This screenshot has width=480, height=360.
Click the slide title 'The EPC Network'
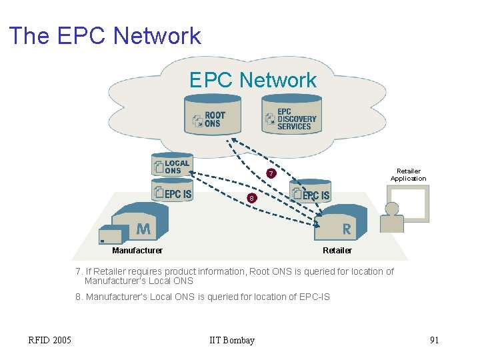pyautogui.click(x=105, y=35)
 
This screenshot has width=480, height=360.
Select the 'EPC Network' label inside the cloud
pyautogui.click(x=253, y=80)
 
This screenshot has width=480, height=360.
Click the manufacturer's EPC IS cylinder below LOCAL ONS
pyautogui.click(x=172, y=193)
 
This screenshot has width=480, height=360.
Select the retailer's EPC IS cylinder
pyautogui.click(x=310, y=194)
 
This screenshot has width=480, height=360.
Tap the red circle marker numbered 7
pyautogui.click(x=271, y=175)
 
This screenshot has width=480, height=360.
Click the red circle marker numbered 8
pyautogui.click(x=251, y=199)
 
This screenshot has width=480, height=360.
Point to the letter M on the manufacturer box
pyautogui.click(x=143, y=229)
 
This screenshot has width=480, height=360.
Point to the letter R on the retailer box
pyautogui.click(x=346, y=229)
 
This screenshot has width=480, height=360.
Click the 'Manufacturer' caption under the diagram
pyautogui.click(x=137, y=251)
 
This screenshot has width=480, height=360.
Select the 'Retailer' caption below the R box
pyautogui.click(x=337, y=251)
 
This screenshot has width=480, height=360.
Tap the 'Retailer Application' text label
pyautogui.click(x=408, y=175)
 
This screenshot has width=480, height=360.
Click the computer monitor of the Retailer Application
pyautogui.click(x=409, y=203)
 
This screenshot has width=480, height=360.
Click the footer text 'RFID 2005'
pyautogui.click(x=50, y=341)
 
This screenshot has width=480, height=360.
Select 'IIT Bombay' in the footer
pyautogui.click(x=231, y=341)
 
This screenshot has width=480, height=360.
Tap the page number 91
pyautogui.click(x=434, y=341)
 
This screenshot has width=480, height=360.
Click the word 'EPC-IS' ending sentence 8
pyautogui.click(x=314, y=297)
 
